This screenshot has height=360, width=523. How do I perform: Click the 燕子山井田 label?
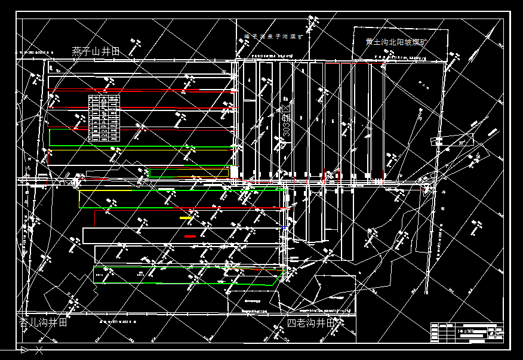96,51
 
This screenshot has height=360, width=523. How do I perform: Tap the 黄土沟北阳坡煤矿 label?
397,42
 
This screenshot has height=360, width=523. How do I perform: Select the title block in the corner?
466,332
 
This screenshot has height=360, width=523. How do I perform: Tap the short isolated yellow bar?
186,218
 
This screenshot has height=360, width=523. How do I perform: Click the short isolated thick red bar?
190,236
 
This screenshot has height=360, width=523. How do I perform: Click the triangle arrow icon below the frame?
24,349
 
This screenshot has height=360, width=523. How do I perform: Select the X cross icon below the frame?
39,349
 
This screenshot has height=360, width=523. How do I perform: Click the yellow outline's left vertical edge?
79,199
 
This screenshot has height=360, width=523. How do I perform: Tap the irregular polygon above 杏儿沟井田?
70,296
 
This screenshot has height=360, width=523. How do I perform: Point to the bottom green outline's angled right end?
278,278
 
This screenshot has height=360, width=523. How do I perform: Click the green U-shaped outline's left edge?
50,138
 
